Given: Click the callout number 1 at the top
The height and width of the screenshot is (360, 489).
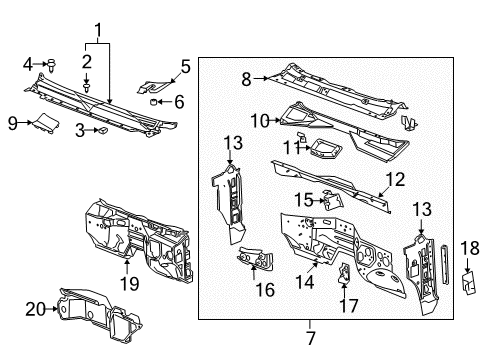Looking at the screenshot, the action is point(98,30).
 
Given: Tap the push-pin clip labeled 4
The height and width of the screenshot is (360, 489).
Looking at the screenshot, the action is point(52,65).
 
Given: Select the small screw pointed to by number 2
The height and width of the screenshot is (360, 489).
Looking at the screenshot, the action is point(87,88).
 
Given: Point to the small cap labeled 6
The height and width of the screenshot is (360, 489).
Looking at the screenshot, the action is point(153,101).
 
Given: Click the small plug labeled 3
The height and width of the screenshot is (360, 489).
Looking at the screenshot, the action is point(102,130).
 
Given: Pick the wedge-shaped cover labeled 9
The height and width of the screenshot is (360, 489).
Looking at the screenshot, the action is point(46,123).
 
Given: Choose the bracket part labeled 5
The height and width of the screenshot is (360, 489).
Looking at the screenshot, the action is point(153,86).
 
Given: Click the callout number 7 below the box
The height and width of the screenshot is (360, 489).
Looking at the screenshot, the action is point(310,338).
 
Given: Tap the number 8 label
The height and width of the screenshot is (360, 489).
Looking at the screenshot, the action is point(246,79).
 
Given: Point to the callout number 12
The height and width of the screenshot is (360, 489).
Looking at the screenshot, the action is point(396,180).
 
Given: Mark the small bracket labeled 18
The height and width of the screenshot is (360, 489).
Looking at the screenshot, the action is point(469,283).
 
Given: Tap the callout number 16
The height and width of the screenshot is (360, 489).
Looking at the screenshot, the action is point(265,290).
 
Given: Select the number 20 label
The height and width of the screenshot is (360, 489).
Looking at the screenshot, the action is point(36,309).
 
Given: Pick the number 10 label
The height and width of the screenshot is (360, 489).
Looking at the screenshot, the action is point(260,120).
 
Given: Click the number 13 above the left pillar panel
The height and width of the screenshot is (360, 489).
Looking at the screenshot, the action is point(233,143).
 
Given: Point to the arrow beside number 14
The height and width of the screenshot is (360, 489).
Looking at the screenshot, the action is point(313,265).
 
